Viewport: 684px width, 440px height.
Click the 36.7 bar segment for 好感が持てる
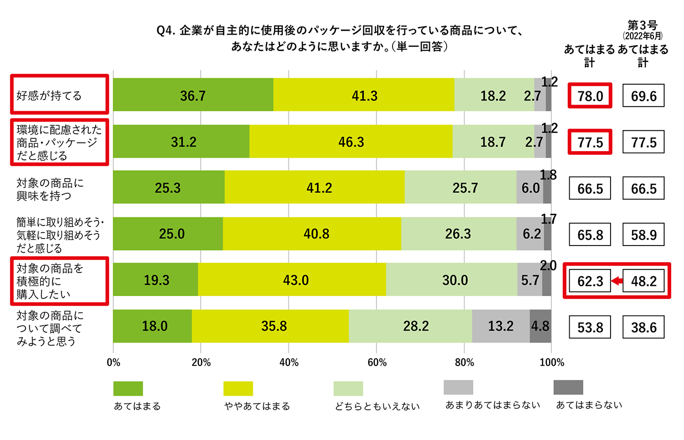[x=193, y=95]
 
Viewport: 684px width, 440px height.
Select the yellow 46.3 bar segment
[x=351, y=141]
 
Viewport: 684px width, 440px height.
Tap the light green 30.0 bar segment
[x=451, y=280]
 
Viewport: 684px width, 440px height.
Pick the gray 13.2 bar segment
[x=501, y=326]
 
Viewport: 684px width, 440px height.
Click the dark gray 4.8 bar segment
[x=540, y=326]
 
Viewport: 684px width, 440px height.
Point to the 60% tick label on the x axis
[x=377, y=363]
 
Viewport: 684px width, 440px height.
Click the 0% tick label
[x=113, y=363]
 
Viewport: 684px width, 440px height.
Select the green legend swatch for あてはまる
[x=128, y=388]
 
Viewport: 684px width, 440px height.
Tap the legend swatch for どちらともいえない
[x=348, y=388]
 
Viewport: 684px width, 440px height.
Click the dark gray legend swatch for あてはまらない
[x=568, y=387]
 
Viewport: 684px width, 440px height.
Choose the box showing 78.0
[x=591, y=95]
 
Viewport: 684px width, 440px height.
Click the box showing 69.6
[x=643, y=95]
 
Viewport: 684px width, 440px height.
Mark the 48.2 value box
[x=643, y=280]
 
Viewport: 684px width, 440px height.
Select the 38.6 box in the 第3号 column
[x=643, y=326]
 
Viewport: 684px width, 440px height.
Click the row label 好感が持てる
[x=49, y=95]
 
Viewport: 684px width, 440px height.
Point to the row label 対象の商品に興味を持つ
[x=50, y=188]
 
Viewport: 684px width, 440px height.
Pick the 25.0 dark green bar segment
[x=167, y=234]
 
